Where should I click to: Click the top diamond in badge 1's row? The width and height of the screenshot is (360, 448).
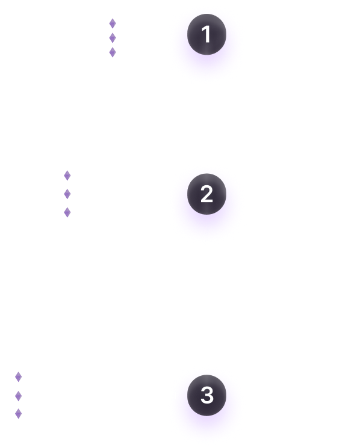(x=113, y=23)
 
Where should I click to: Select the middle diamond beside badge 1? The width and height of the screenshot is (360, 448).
(x=113, y=38)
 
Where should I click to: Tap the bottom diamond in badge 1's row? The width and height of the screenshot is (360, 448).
(x=113, y=52)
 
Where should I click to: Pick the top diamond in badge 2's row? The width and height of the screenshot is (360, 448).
(x=67, y=176)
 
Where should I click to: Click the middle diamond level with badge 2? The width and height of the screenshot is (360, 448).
(x=67, y=194)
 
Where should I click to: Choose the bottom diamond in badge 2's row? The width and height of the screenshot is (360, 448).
(x=67, y=212)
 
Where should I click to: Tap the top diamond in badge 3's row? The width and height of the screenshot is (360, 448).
(x=18, y=377)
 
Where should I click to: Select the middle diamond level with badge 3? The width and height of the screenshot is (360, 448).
(x=18, y=396)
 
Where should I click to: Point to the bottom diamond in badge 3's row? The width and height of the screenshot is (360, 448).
(x=18, y=414)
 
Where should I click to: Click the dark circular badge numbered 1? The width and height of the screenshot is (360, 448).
(x=206, y=34)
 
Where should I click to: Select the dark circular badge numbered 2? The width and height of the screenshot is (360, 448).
(x=206, y=194)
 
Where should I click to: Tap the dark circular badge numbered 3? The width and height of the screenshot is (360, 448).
(x=206, y=395)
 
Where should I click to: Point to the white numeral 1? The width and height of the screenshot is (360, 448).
(x=206, y=34)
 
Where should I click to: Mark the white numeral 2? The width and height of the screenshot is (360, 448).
(x=206, y=194)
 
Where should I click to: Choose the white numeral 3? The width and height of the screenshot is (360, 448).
(x=207, y=395)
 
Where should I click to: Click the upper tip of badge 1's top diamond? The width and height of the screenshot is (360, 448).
(x=113, y=19)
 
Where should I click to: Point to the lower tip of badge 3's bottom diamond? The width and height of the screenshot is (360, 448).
(x=18, y=419)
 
